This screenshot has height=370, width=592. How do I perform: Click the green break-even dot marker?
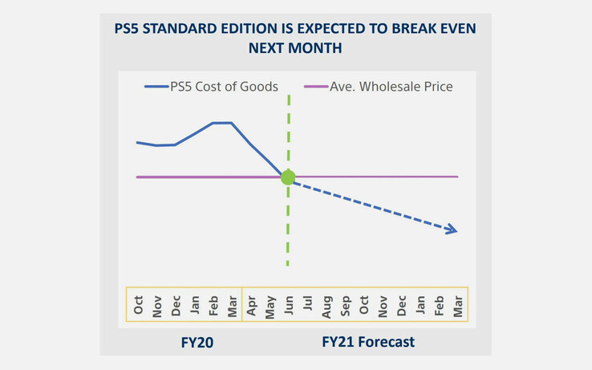pyautogui.click(x=288, y=177)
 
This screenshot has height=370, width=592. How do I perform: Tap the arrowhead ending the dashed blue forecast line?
pyautogui.click(x=452, y=230)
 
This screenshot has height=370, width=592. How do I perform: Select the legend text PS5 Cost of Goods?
pyautogui.click(x=224, y=86)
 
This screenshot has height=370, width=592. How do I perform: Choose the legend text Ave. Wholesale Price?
pyautogui.click(x=391, y=86)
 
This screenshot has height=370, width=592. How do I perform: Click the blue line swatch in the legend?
pyautogui.click(x=156, y=87)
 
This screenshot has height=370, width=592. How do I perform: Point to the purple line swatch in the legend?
pyautogui.click(x=316, y=87)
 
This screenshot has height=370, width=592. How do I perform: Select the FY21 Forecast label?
pyautogui.click(x=368, y=342)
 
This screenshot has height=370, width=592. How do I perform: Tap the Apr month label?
pyautogui.click(x=252, y=305)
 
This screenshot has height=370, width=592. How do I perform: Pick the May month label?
pyautogui.click(x=270, y=305)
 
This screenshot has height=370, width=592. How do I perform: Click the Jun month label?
pyautogui.click(x=289, y=305)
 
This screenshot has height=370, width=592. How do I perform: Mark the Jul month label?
pyautogui.click(x=308, y=305)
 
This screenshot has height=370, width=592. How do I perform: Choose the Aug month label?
pyautogui.click(x=326, y=305)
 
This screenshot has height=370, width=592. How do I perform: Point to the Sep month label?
pyautogui.click(x=346, y=305)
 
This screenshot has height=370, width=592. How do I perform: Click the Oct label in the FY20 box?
pyautogui.click(x=139, y=305)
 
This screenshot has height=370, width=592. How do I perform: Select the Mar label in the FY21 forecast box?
pyautogui.click(x=459, y=305)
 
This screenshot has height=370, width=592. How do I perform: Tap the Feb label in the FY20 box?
pyautogui.click(x=214, y=305)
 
